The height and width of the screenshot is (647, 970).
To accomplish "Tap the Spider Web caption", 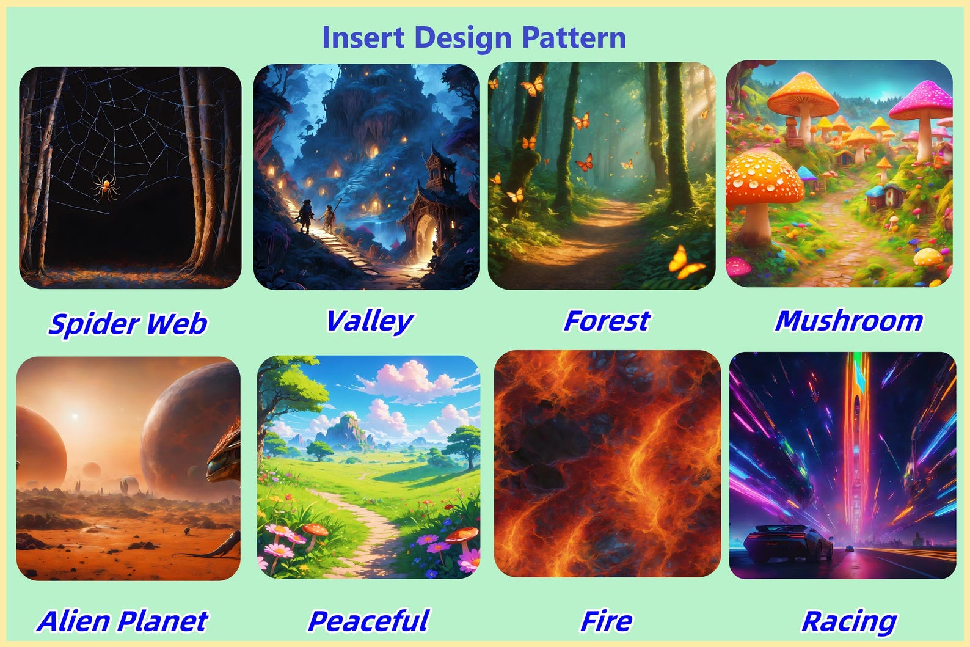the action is (x=128, y=323).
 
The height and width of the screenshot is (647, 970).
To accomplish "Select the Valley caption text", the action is (x=370, y=321).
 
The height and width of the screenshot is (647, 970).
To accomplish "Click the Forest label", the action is (x=607, y=321).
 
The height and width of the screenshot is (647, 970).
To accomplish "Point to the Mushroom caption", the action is (x=849, y=321).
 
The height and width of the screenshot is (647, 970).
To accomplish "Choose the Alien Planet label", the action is (x=123, y=621).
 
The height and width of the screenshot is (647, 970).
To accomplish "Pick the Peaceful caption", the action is (x=368, y=621).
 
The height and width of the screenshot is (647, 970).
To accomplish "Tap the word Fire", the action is (x=606, y=621).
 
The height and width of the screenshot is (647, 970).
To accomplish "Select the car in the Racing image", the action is (x=788, y=543).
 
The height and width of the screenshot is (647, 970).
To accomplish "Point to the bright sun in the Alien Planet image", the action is (x=75, y=416).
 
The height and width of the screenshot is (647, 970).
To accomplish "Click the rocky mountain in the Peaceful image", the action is (x=346, y=431).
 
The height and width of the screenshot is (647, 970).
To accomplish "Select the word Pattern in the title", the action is (x=574, y=38).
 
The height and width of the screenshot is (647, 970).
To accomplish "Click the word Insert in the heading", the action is (x=363, y=38).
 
